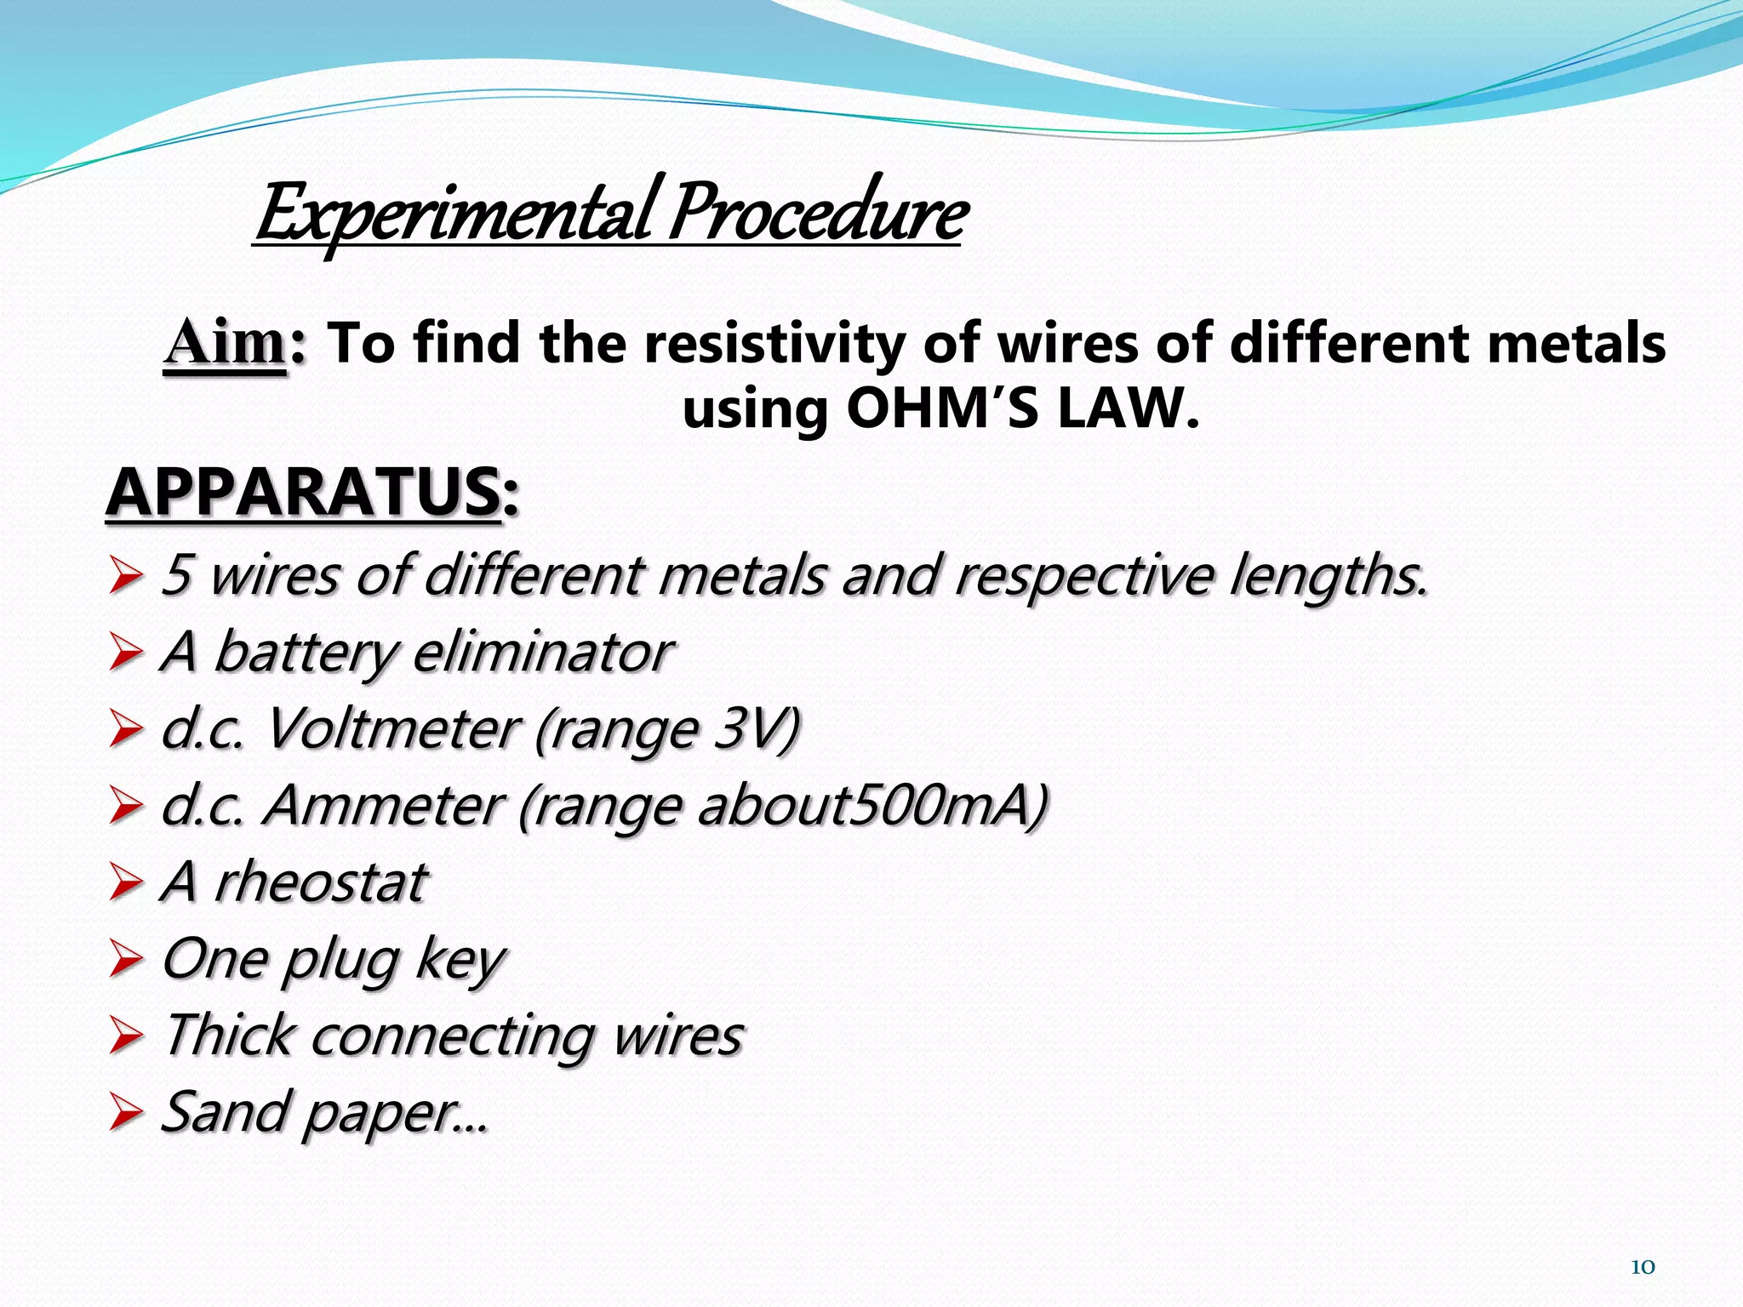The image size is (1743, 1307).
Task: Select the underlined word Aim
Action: [x=225, y=344]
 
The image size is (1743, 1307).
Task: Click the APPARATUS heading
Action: [x=303, y=494]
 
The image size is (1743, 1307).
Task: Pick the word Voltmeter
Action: [x=391, y=729]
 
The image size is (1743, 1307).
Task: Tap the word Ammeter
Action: [x=383, y=806]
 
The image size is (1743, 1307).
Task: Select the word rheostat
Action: [x=320, y=882]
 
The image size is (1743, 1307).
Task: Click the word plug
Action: [x=340, y=961]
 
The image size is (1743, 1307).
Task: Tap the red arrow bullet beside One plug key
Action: [x=126, y=961]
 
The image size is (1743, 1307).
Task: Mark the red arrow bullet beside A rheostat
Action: [x=126, y=884]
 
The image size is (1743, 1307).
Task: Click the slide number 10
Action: [x=1643, y=1267]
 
